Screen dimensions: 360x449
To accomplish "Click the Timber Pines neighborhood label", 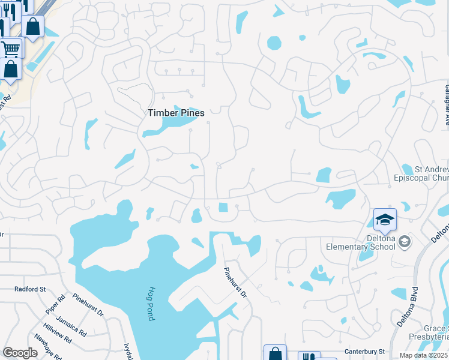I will (176, 113).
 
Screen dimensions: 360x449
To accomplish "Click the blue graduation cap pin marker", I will (385, 220).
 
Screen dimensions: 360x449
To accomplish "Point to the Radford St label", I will (31, 289).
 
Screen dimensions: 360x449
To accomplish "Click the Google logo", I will (20, 353).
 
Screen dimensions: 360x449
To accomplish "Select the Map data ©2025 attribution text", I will (423, 355).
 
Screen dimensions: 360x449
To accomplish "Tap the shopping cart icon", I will (10, 48).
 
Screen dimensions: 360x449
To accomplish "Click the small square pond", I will (223, 208).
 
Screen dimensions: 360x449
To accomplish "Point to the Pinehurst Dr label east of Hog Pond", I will (235, 282).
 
